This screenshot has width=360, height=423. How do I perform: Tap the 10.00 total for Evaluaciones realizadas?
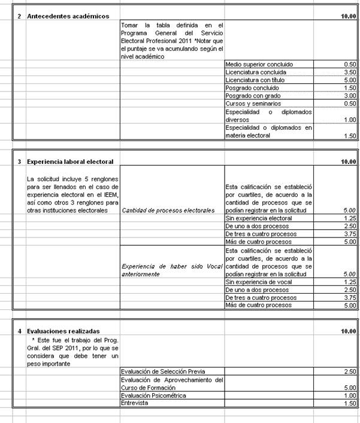[x=348, y=331]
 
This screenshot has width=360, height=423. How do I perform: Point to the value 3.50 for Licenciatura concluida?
[x=350, y=72]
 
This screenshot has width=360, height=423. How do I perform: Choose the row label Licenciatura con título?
[x=255, y=80]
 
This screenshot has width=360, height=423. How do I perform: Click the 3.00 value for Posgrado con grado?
[x=350, y=96]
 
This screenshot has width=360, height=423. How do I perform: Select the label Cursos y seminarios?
[x=252, y=104]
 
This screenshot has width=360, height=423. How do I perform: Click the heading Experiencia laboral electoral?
[x=70, y=162]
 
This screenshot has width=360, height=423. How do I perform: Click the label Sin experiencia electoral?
[x=258, y=218]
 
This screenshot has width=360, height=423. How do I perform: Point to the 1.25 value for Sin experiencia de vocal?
[x=350, y=281]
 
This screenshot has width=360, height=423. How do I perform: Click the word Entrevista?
[x=135, y=404]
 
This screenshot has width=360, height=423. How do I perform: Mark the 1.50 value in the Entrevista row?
[x=350, y=404]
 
